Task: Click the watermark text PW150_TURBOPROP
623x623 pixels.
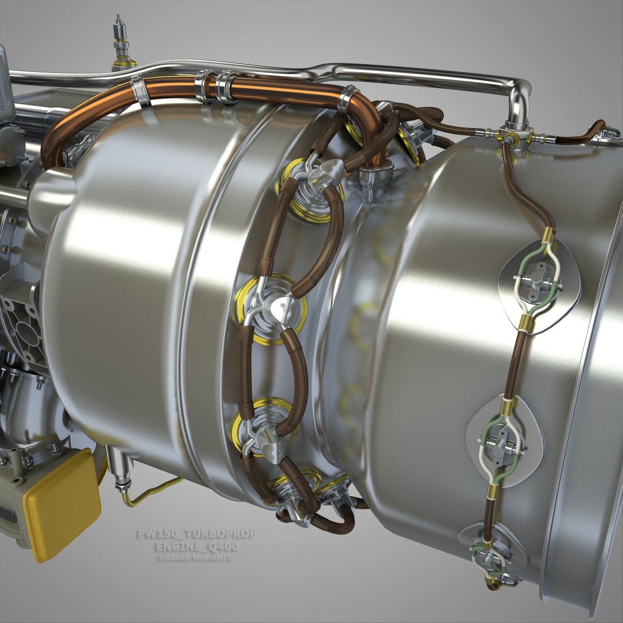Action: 196,534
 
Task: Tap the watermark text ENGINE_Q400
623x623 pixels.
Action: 197,546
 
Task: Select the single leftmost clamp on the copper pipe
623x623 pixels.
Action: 140,91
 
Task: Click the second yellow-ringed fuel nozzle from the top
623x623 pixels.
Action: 269,309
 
